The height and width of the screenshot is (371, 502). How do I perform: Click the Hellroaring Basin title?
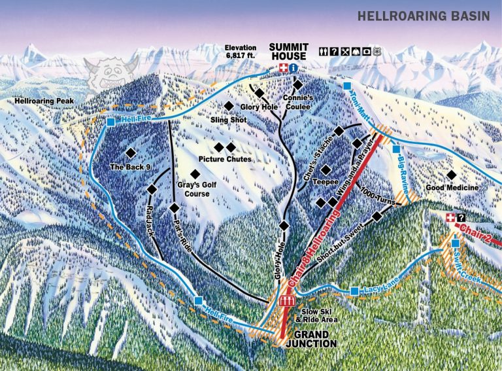(422, 16)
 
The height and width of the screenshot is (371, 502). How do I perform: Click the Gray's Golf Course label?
(197, 189)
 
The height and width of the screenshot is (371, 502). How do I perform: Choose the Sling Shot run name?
(227, 120)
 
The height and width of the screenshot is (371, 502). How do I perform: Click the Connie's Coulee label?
(299, 101)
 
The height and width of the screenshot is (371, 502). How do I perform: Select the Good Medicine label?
(451, 188)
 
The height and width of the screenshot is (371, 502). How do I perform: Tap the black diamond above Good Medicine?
(450, 175)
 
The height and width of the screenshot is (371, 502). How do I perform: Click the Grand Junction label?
(310, 338)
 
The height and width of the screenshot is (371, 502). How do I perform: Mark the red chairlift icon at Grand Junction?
(286, 301)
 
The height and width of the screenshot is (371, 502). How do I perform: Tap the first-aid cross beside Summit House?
(283, 68)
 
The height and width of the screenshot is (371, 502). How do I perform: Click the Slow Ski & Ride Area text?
(317, 315)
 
